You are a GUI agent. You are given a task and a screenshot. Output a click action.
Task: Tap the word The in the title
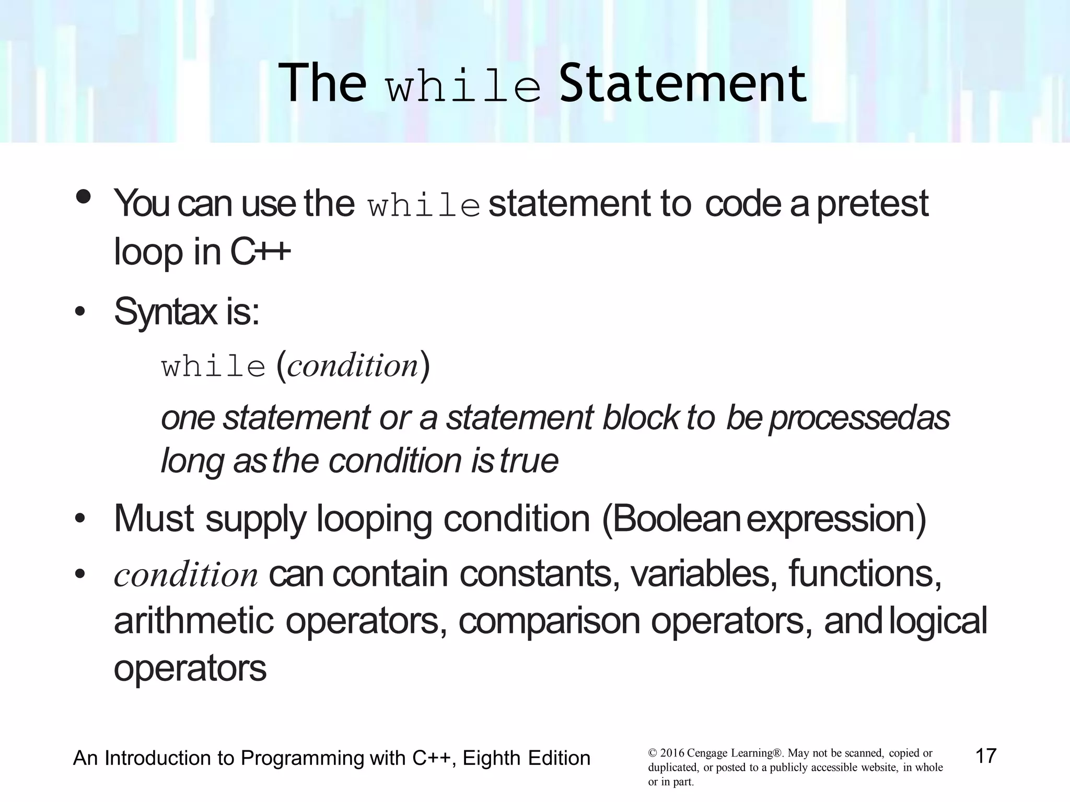point(322,84)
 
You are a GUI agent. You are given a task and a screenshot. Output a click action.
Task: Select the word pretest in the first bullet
point(872,204)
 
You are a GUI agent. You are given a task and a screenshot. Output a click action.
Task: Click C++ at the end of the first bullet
point(260,252)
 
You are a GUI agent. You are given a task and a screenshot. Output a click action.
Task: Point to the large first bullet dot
point(84,197)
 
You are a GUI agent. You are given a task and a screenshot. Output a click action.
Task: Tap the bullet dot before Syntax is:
point(80,313)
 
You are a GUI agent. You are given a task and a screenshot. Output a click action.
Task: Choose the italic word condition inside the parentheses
point(353,365)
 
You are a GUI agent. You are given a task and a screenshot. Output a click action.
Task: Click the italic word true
point(529,461)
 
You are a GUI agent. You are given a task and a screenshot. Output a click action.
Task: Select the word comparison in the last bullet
point(549,621)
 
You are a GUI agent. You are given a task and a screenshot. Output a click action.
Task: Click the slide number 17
point(986,756)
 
